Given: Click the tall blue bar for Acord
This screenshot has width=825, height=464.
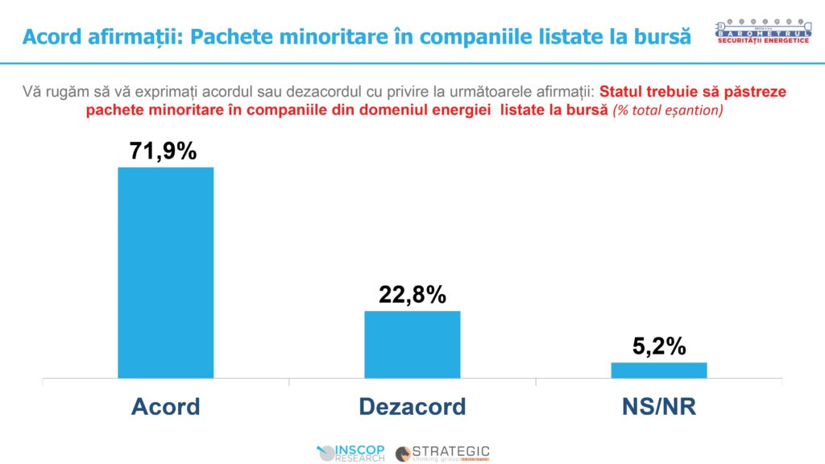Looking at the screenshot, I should pyautogui.click(x=165, y=272).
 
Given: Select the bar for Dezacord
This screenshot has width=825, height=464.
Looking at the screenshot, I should pyautogui.click(x=412, y=344).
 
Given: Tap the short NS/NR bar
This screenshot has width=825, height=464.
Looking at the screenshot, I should pyautogui.click(x=658, y=370).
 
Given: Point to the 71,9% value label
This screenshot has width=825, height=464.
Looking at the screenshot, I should pyautogui.click(x=164, y=150).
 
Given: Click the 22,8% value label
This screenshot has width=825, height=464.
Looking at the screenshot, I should pyautogui.click(x=412, y=295).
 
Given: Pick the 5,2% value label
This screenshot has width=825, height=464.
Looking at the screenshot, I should pyautogui.click(x=658, y=346).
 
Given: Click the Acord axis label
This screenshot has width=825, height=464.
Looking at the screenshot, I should pyautogui.click(x=165, y=406).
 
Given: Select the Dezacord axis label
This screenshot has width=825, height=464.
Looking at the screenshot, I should pyautogui.click(x=412, y=406).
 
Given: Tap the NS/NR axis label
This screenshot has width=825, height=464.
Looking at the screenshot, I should pyautogui.click(x=658, y=406).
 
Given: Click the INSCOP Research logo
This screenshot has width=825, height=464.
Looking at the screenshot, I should pyautogui.click(x=352, y=453).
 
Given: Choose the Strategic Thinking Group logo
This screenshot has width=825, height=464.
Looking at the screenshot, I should pyautogui.click(x=442, y=453).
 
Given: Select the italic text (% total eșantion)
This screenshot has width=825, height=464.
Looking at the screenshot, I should pyautogui.click(x=668, y=110).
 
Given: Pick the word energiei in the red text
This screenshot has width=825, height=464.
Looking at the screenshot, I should pyautogui.click(x=462, y=110).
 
